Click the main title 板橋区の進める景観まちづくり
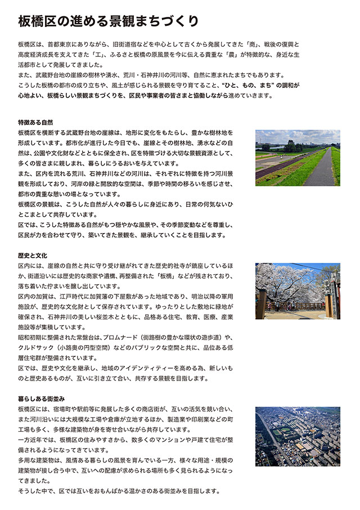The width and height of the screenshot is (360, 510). coord(109,21)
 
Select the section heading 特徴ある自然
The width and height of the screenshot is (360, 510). coord(35,122)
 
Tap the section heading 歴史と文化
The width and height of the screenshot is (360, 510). coord(32,255)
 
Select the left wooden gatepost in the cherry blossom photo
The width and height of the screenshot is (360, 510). coord(261,304)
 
